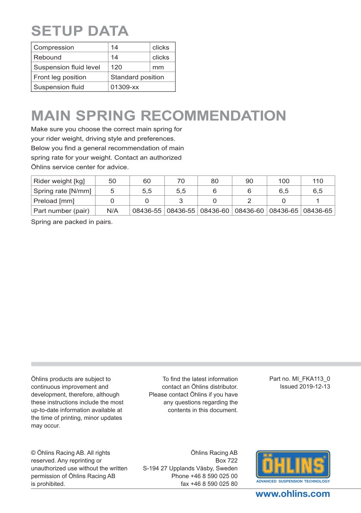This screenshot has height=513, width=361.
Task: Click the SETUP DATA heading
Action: (80, 31)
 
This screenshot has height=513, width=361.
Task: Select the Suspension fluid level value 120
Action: (117, 67)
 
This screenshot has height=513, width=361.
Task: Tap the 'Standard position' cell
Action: (137, 77)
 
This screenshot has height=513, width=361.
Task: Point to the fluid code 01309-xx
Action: (125, 87)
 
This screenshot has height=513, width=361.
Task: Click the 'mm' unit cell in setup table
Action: (158, 67)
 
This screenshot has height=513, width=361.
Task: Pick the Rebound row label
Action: (47, 57)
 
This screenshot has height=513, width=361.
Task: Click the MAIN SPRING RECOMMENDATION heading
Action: (158, 116)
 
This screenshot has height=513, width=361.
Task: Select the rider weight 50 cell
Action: (112, 181)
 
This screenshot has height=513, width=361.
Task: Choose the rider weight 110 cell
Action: (318, 181)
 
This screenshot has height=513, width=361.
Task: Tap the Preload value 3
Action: (181, 201)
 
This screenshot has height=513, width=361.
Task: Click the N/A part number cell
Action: (112, 211)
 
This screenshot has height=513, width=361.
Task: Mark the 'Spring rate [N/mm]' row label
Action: (59, 191)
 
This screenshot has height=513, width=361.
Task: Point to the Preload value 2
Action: (249, 201)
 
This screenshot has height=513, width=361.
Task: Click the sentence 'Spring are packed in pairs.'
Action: (71, 222)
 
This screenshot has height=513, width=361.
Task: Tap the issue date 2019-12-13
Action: (315, 387)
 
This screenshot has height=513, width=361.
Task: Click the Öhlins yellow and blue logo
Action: (293, 466)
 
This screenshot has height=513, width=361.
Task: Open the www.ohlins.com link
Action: (293, 494)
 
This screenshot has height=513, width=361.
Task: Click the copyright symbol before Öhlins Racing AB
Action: (33, 453)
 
